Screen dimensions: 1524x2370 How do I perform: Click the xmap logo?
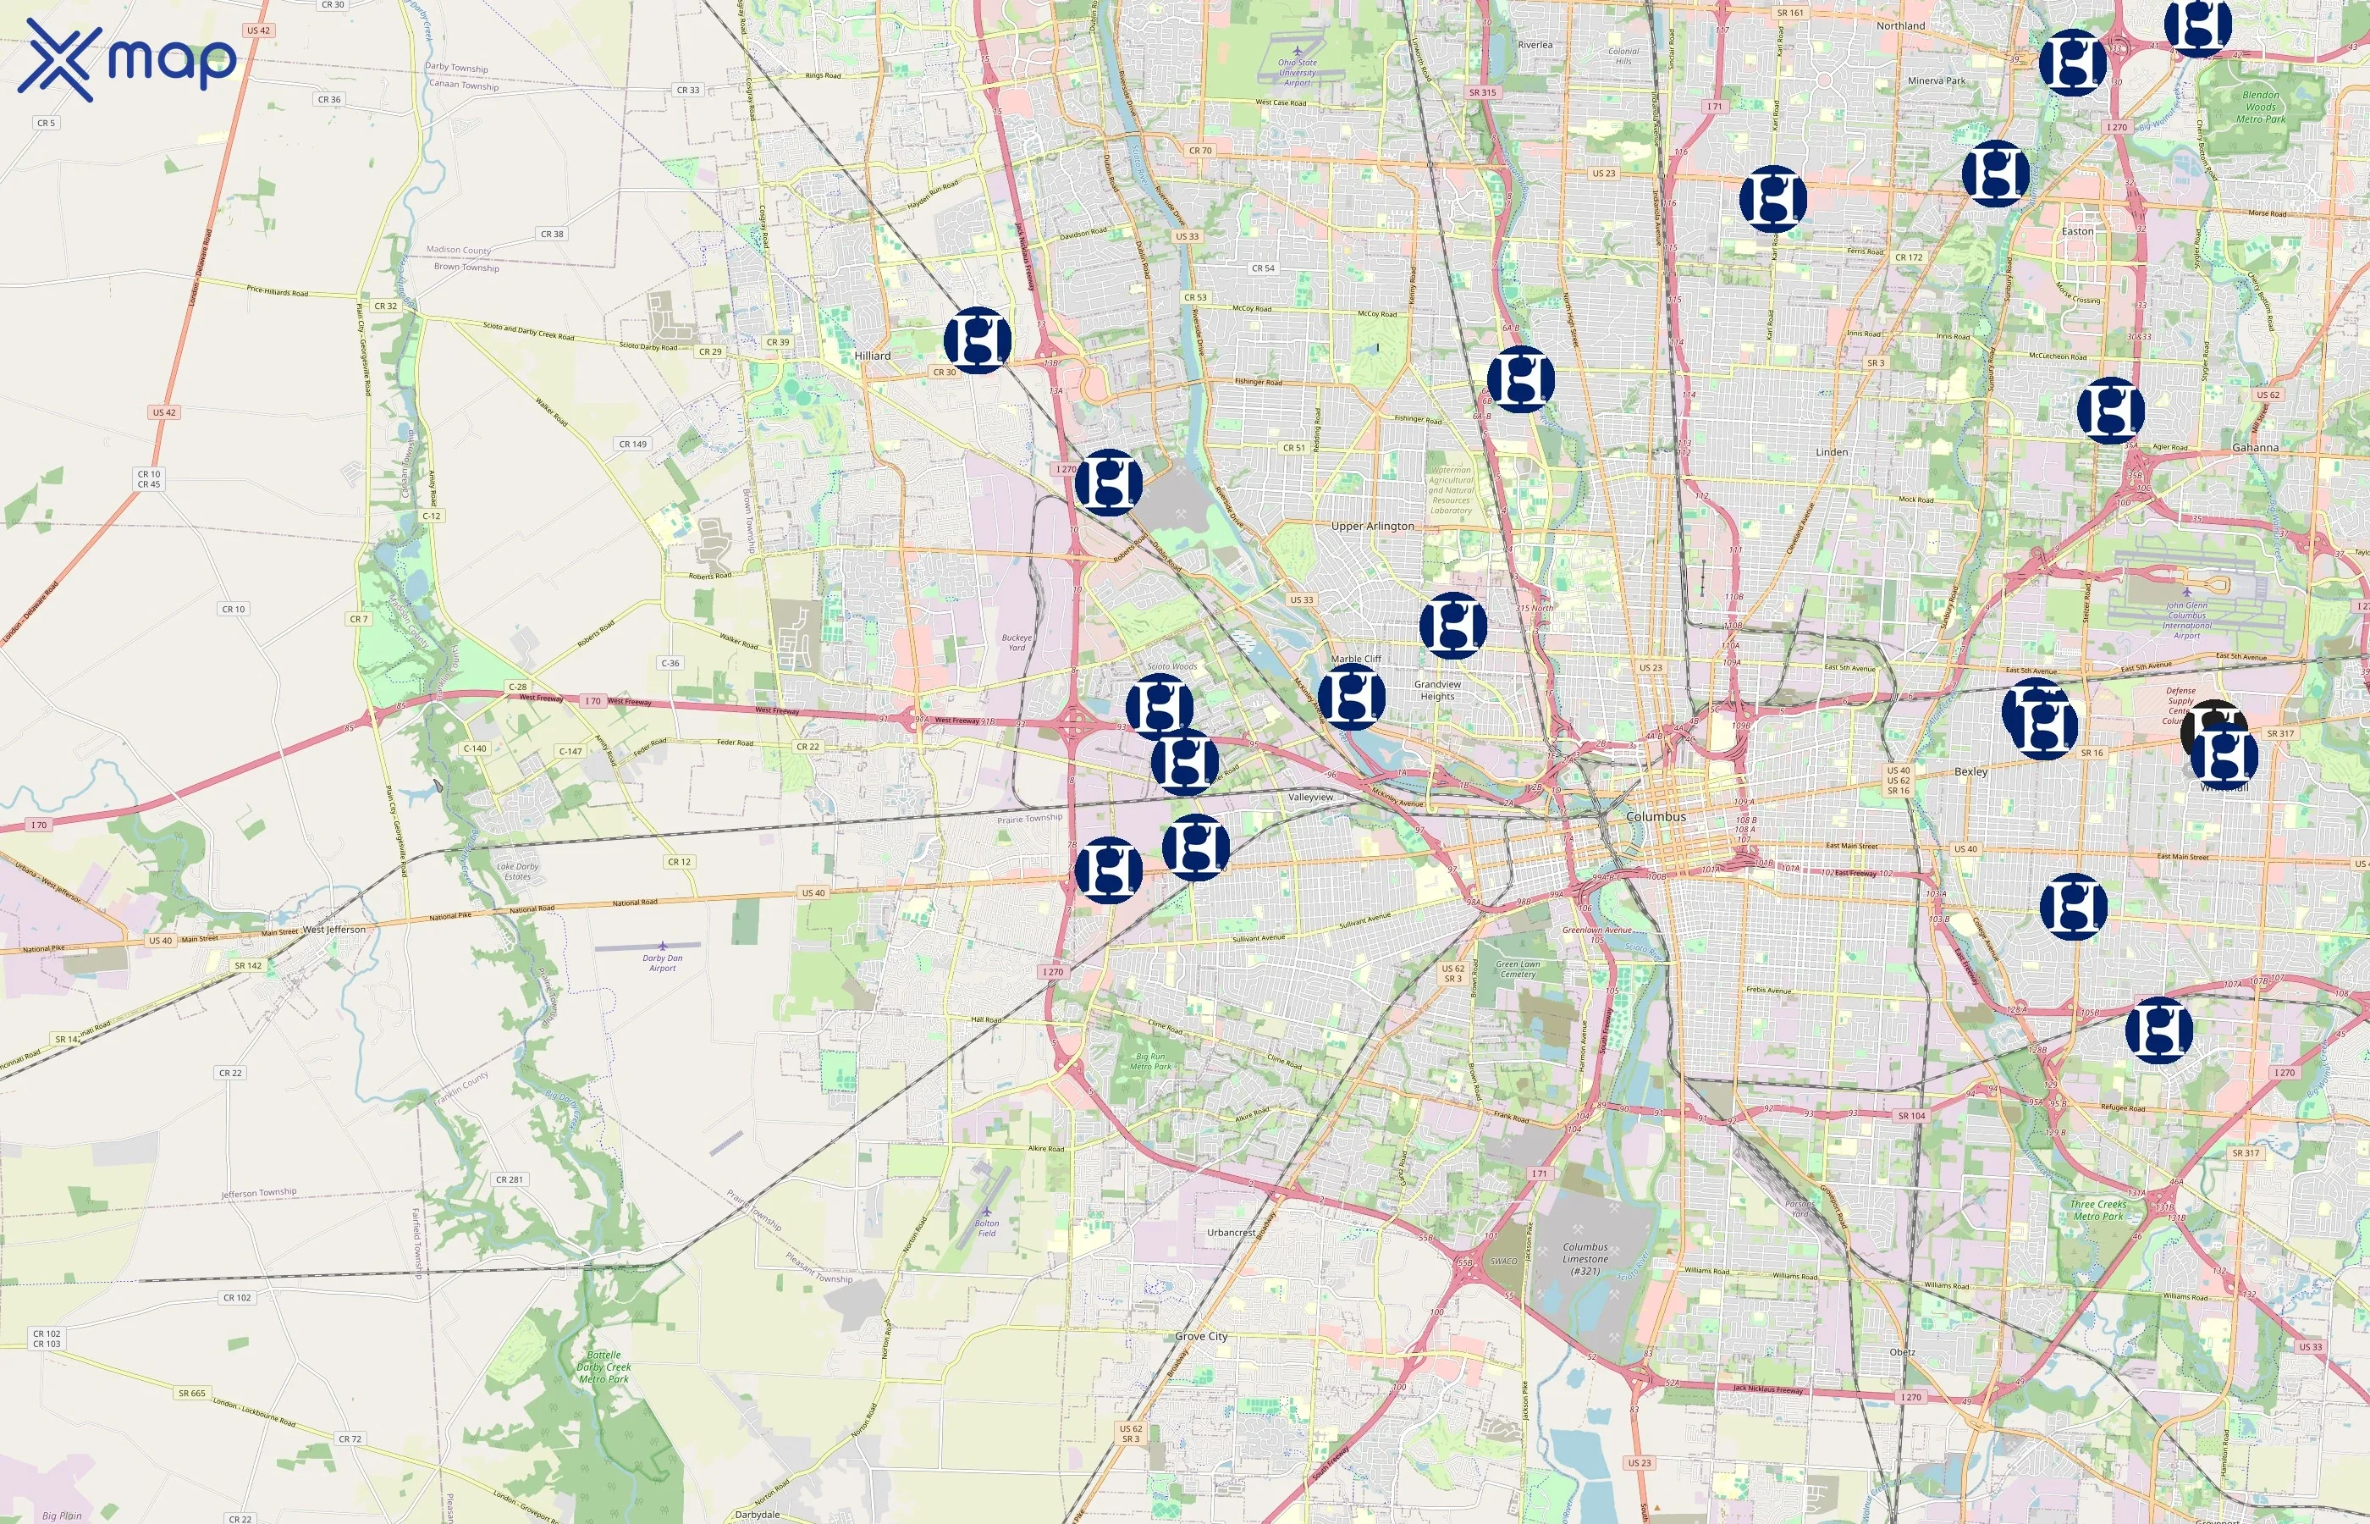coord(127,59)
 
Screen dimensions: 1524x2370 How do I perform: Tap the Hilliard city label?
coord(872,356)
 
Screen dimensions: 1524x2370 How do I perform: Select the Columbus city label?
coord(1656,816)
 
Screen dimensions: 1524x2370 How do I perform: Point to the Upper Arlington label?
coord(1372,527)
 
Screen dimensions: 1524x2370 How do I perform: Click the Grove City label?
coord(1201,1336)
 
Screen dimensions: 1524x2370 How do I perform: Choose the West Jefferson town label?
coord(333,930)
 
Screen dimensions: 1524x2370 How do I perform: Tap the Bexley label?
coord(1970,771)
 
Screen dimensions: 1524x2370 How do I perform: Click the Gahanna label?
coord(2254,447)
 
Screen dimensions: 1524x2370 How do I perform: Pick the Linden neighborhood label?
coord(1831,452)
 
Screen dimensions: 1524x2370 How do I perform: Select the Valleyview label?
coord(1309,797)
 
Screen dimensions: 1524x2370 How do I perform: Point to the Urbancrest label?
coord(1231,1232)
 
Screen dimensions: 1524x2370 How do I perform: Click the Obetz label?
coord(1901,1352)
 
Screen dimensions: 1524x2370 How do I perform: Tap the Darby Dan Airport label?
coord(662,963)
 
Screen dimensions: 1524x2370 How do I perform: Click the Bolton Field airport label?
coord(986,1229)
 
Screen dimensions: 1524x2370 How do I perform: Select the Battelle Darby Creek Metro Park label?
coord(604,1367)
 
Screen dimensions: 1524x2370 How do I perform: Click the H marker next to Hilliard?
coord(978,340)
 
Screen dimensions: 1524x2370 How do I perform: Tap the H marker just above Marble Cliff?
coord(1452,626)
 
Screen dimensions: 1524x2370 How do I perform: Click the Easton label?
coord(2077,232)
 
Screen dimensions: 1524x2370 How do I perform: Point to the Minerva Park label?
coord(1936,81)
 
